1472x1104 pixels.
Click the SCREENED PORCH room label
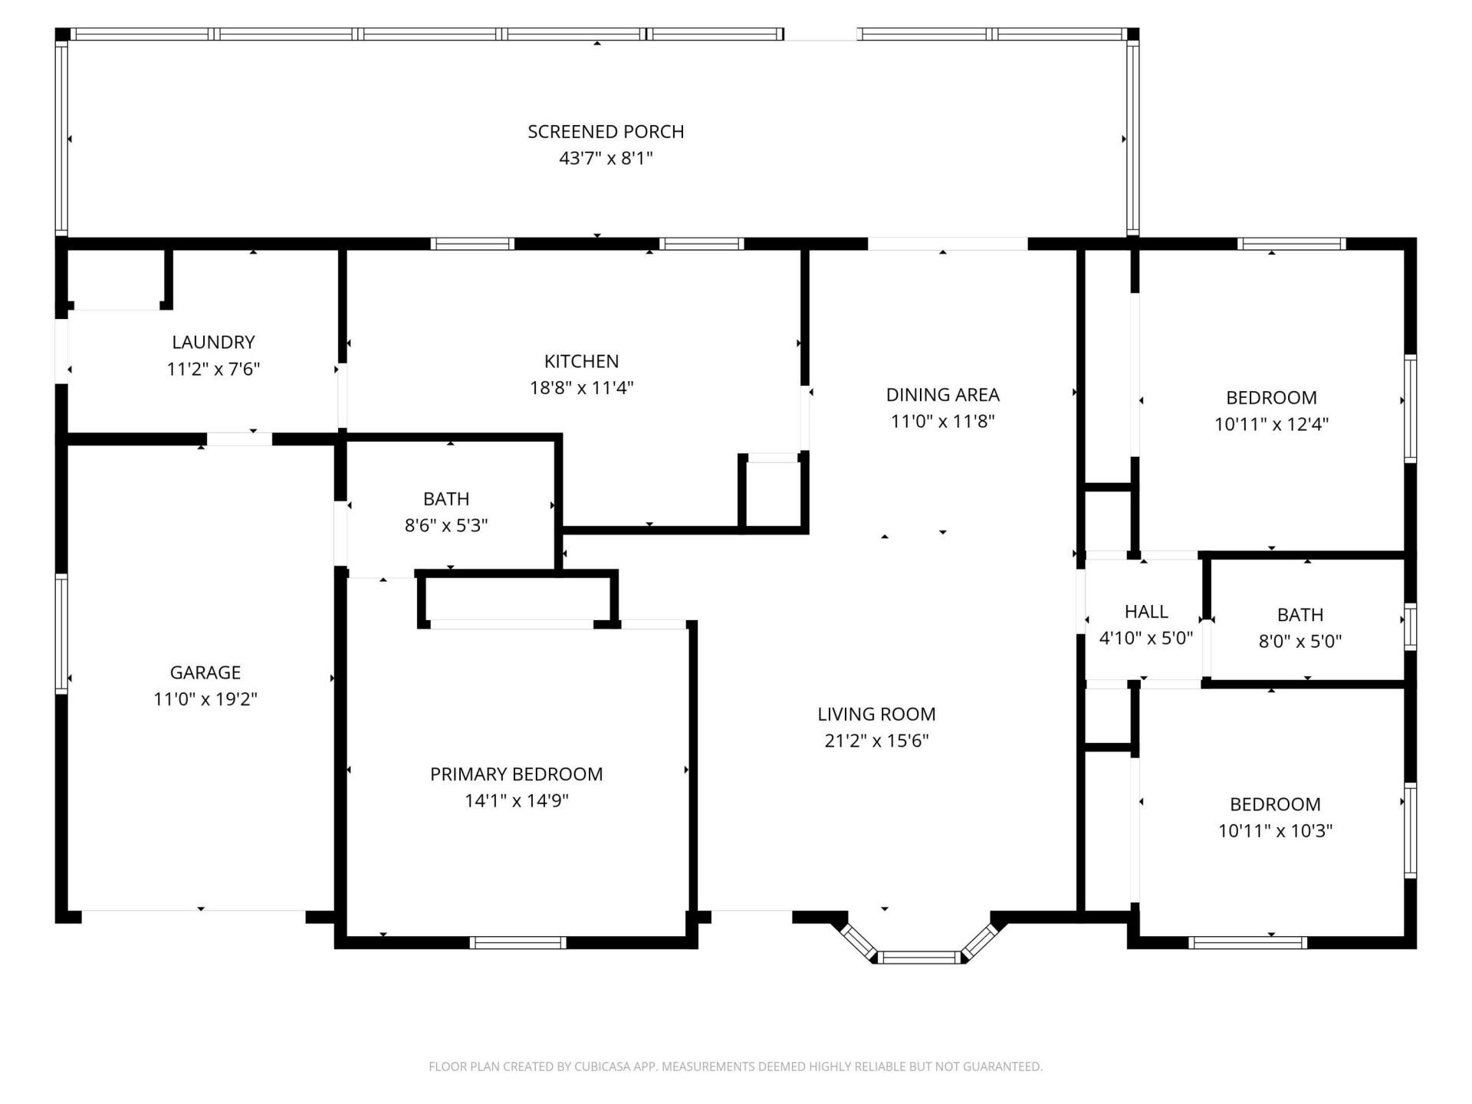pos(606,132)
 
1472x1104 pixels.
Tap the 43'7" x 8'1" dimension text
pos(606,159)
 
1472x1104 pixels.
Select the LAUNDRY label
pos(213,342)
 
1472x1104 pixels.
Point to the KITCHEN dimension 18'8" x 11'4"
pos(581,388)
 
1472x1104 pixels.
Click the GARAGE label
pos(205,672)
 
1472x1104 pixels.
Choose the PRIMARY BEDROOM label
pos(516,774)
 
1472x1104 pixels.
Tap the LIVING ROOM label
pos(876,715)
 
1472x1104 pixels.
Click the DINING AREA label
pos(942,395)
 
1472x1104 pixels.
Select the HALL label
pos(1146,612)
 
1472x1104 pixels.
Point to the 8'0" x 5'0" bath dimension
pos(1300,642)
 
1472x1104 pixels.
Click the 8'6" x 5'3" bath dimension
pos(446,526)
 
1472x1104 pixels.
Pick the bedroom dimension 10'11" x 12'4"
pos(1271,424)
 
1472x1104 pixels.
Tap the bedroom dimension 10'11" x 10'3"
pos(1275,831)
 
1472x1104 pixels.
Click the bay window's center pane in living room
pos(918,957)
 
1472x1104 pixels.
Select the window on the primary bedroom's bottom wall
pos(517,942)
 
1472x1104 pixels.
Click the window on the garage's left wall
pos(61,633)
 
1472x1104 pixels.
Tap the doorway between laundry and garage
pos(239,439)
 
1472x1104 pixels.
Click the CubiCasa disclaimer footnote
pos(735,1066)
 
